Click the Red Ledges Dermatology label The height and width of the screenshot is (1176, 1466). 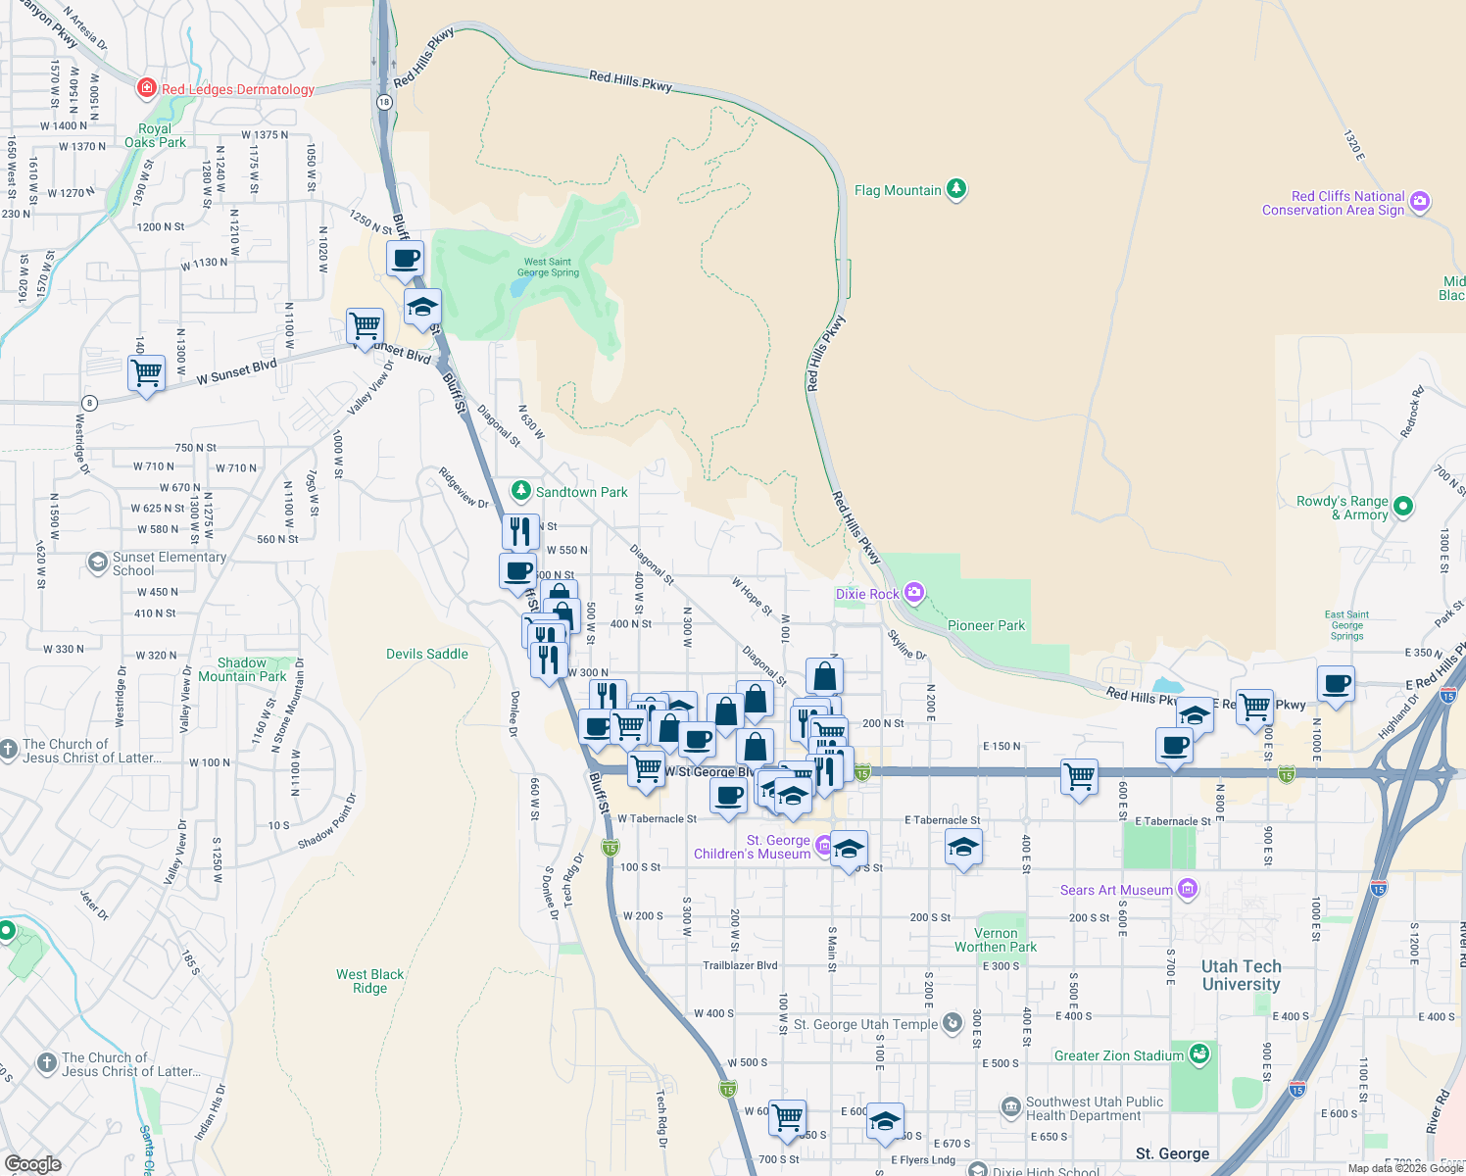coord(237,89)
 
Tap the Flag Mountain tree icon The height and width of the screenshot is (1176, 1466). coord(956,189)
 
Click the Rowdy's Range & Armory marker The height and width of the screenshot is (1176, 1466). coord(1402,506)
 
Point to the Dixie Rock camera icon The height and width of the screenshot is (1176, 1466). coord(914,592)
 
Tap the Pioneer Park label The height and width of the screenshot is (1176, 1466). coord(986,625)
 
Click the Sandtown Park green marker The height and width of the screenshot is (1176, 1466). coord(521,491)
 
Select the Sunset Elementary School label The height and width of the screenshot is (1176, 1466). coord(169,563)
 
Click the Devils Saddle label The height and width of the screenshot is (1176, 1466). coord(427,654)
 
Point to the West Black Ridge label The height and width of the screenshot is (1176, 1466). coord(369,981)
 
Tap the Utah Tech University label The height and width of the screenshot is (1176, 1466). coord(1241,975)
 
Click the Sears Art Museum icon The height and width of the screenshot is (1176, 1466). coord(1188,889)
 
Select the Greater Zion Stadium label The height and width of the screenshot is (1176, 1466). coord(1118,1055)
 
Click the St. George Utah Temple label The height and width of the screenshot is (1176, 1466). coord(865,1024)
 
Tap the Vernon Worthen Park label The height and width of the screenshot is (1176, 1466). coord(996,940)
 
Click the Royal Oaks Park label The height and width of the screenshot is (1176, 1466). coord(155,135)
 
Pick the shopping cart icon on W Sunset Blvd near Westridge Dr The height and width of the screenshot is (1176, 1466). coord(146,372)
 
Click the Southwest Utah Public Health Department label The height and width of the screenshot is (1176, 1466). coord(1094,1108)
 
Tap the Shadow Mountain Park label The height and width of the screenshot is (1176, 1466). coord(242,669)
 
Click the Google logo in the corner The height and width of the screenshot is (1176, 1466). coord(32,1163)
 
